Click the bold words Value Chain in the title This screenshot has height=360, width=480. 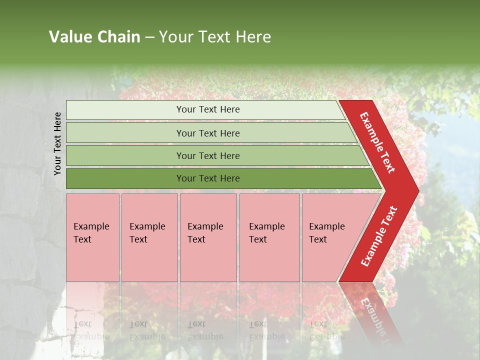[x=94, y=37]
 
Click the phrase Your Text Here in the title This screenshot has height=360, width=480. [x=215, y=37]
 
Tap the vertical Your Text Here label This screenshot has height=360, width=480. [x=57, y=143]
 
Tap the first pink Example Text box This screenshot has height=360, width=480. [x=92, y=237]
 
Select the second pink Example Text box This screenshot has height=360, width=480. [x=149, y=237]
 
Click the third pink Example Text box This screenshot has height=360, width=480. [x=208, y=237]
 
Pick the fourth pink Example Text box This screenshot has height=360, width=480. [x=269, y=237]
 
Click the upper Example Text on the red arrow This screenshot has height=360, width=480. [x=377, y=142]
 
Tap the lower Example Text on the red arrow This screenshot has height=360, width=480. [x=379, y=236]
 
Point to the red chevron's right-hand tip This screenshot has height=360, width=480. [x=417, y=191]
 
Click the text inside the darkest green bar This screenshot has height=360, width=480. [x=208, y=178]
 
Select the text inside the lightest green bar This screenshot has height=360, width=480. [x=208, y=109]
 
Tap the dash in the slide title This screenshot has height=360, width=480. [x=149, y=37]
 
